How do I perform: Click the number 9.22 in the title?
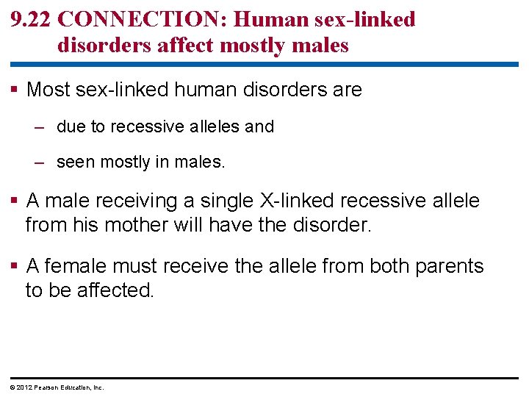(32, 19)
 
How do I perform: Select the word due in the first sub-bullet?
(71, 126)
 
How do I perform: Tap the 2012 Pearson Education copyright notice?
(56, 387)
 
